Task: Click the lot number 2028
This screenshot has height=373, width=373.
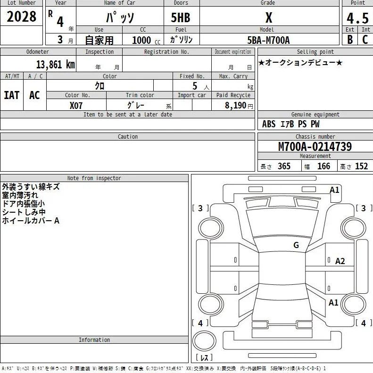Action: (21, 17)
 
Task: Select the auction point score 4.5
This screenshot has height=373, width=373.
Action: (357, 18)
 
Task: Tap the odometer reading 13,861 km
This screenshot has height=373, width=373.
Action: (56, 65)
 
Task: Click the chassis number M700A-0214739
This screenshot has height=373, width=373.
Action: (315, 147)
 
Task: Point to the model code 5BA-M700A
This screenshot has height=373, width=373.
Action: (269, 40)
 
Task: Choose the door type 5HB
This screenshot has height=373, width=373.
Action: (181, 18)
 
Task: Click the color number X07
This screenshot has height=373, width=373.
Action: (76, 105)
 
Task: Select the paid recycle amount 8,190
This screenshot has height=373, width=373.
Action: (235, 105)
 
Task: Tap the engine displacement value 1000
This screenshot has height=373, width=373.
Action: (141, 40)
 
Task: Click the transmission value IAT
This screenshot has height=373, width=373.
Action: (11, 95)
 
